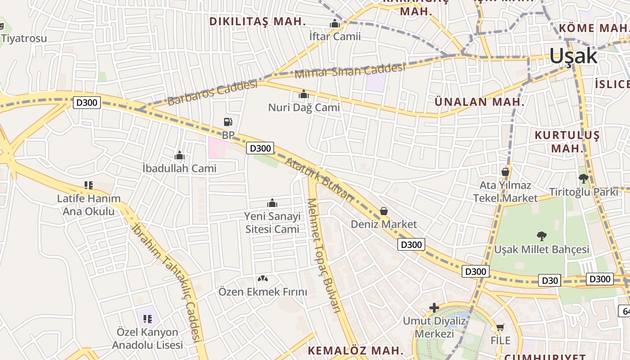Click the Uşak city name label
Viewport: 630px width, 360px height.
click(x=573, y=56)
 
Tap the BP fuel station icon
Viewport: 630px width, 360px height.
click(x=228, y=121)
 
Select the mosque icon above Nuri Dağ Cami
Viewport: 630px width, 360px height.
click(x=304, y=94)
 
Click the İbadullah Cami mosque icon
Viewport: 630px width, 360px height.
click(x=180, y=156)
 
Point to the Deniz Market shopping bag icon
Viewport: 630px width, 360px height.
click(x=384, y=211)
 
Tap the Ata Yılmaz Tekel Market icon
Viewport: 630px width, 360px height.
click(x=505, y=172)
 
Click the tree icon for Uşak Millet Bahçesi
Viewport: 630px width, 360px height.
click(x=542, y=236)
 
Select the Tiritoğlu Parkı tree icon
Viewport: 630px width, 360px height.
click(x=584, y=179)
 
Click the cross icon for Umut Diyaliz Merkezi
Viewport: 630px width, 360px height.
click(x=434, y=308)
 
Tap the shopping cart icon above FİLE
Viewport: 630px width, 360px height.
click(x=500, y=328)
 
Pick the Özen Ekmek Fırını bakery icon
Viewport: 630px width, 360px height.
click(x=263, y=279)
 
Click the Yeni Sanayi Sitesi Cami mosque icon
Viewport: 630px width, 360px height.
click(x=272, y=203)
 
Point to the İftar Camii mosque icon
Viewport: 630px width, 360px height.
click(x=335, y=23)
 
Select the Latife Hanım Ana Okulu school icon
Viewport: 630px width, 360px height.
click(x=89, y=185)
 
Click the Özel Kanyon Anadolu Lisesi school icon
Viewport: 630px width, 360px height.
click(x=148, y=319)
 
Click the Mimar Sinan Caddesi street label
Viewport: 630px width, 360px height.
click(x=350, y=71)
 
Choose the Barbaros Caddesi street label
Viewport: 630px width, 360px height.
click(x=212, y=93)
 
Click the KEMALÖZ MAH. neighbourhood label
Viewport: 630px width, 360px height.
click(x=355, y=350)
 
